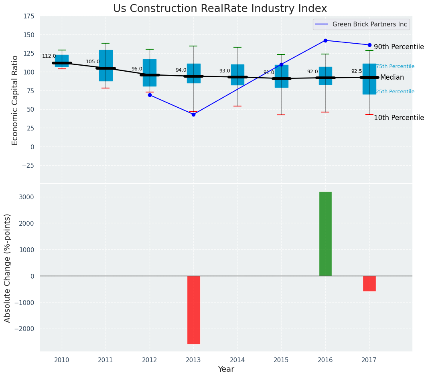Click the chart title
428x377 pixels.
pos(220,9)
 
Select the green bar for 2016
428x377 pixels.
pos(325,234)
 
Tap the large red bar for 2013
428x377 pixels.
pos(193,310)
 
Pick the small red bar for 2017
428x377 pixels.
pos(369,283)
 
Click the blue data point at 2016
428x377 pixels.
pos(325,40)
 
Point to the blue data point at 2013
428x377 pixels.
pos(193,114)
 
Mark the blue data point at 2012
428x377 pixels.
pos(150,95)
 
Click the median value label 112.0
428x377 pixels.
pos(49,56)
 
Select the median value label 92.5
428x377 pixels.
pos(357,71)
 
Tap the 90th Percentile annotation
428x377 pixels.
pos(399,47)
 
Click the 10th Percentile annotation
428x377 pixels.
pos(399,118)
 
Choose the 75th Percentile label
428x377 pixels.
pos(395,66)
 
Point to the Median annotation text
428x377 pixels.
pos(392,78)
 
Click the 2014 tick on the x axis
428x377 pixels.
pos(237,360)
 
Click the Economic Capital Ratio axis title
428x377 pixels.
pos(15,100)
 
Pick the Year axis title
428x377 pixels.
pos(226,369)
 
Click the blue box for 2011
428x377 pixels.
pos(106,66)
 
